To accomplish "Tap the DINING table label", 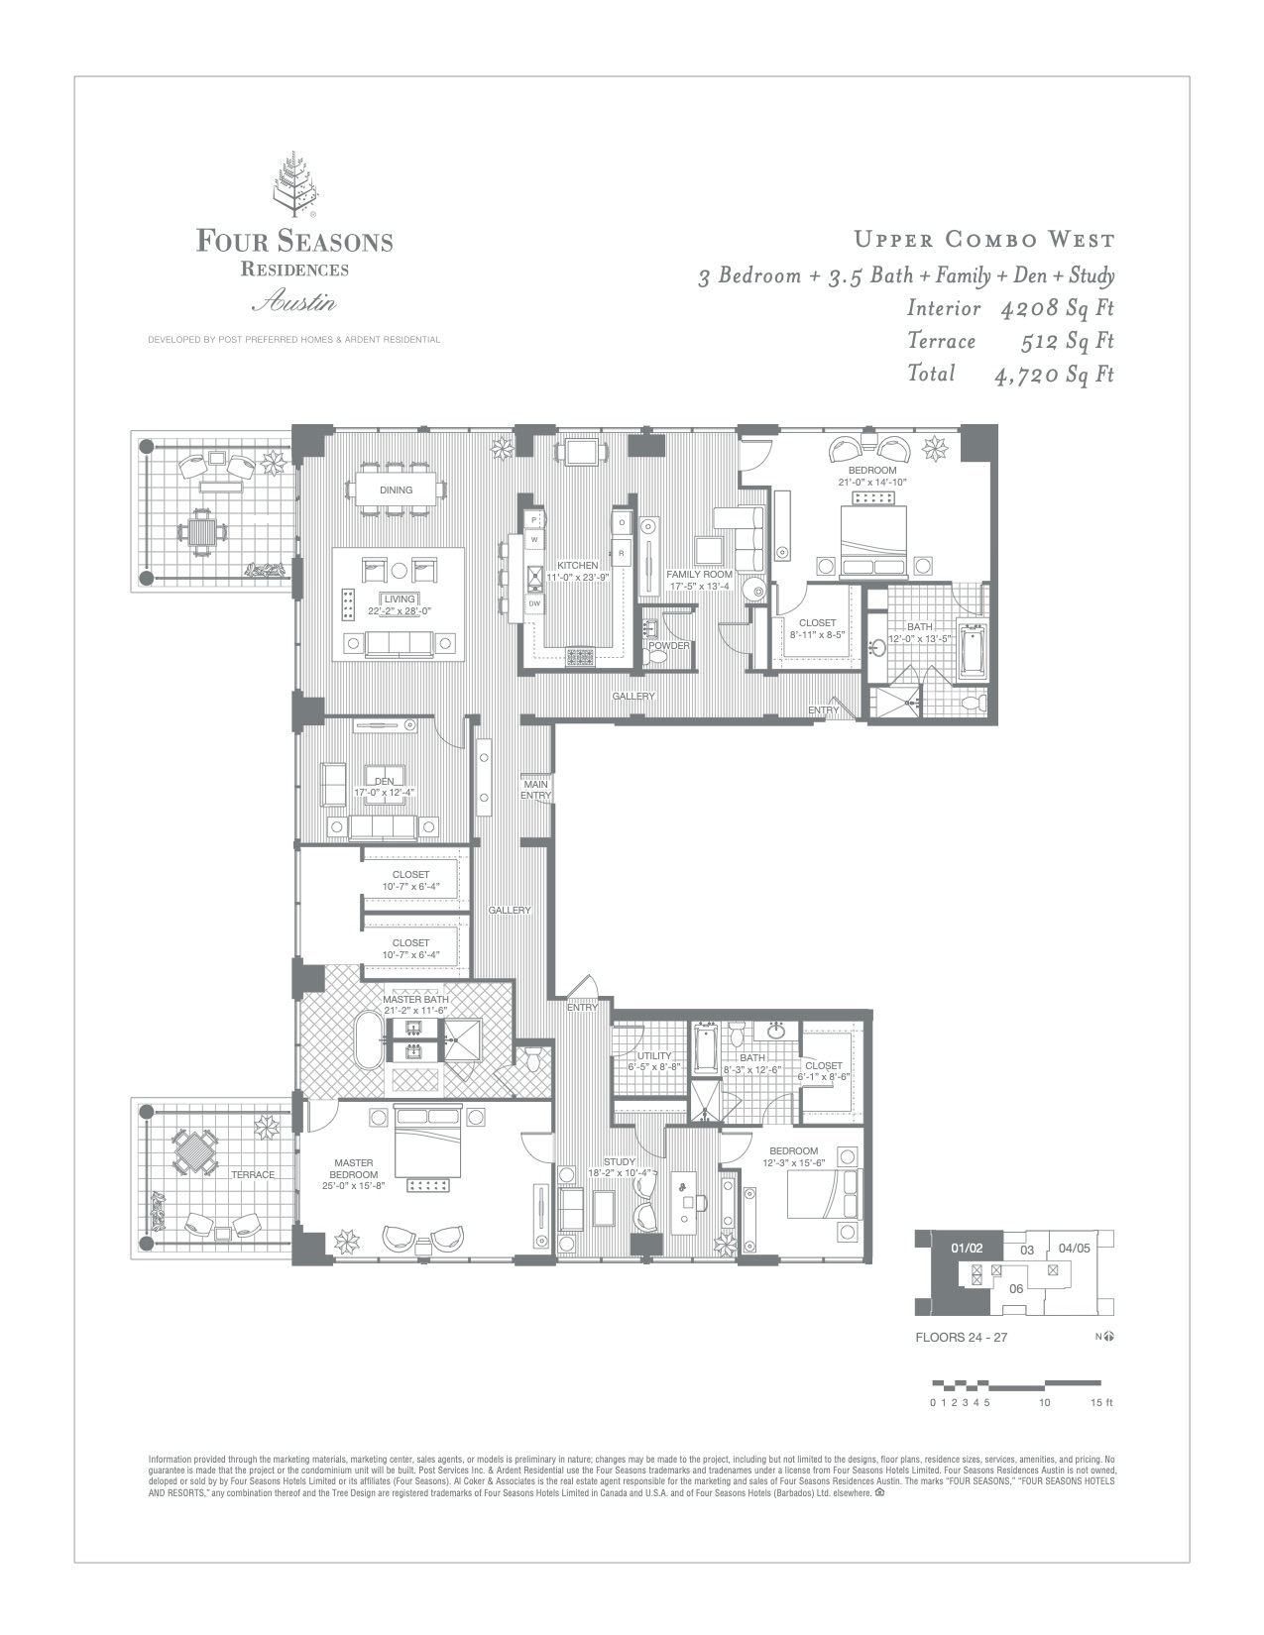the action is [396, 490].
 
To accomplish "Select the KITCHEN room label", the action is [577, 566].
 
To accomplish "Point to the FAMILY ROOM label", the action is [699, 574].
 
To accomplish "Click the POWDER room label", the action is [669, 646].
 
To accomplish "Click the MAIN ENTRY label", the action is [535, 790].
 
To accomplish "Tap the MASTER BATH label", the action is [415, 1000].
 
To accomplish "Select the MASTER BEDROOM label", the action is [353, 1168].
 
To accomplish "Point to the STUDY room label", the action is [619, 1162].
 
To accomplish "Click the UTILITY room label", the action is [654, 1055].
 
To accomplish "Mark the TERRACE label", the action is [253, 1174].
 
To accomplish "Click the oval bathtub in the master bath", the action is [369, 1039].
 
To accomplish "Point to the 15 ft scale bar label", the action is [1101, 1403].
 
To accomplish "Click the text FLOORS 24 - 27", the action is [961, 1337].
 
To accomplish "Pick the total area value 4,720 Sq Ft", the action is [1054, 374].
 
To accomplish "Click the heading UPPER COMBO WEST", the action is [984, 240].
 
